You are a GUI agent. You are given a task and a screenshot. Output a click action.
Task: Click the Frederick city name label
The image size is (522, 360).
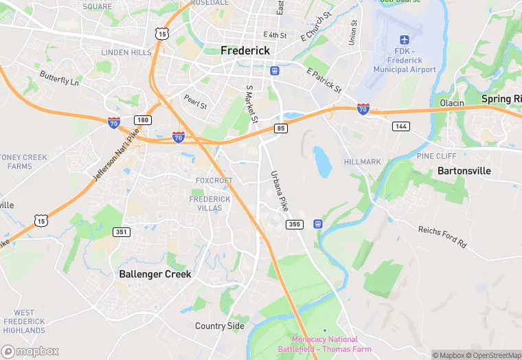point(245,51)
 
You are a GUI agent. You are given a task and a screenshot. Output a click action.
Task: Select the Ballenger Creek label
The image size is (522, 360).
point(155,273)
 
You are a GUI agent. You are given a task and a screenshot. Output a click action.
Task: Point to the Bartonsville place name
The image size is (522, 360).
point(465,170)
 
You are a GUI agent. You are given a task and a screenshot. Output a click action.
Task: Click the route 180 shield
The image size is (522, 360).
point(142,120)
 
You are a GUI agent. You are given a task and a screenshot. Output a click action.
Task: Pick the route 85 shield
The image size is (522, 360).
point(280,128)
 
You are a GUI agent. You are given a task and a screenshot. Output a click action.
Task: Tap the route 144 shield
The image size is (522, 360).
point(401,126)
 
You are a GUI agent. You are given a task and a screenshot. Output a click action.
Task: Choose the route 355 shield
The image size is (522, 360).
point(295,224)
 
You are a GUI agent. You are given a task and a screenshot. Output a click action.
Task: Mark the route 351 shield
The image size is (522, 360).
point(122,232)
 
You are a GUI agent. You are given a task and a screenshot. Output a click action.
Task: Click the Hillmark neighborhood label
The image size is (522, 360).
point(362,161)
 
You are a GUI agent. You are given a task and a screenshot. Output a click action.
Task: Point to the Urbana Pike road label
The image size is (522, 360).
point(280,190)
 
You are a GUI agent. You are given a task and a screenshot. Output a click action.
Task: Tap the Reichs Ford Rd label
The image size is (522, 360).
point(442,236)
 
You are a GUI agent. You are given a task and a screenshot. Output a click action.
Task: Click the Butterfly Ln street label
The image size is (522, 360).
point(59,78)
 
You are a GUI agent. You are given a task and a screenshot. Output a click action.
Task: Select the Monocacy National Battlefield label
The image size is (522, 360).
point(324,344)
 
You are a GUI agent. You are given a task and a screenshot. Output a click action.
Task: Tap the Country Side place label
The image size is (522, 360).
point(220,326)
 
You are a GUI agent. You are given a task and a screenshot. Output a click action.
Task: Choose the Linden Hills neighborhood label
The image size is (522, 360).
point(126,52)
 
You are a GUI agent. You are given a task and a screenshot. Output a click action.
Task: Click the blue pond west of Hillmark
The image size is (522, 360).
point(322,162)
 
